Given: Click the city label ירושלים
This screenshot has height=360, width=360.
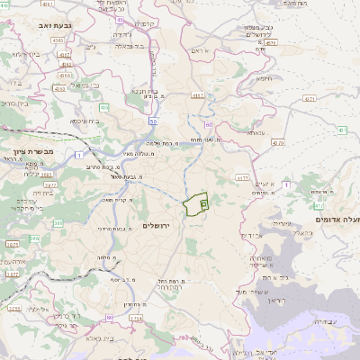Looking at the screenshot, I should click(x=163, y=224).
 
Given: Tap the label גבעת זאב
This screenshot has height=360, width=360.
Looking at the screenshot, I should click(x=42, y=25).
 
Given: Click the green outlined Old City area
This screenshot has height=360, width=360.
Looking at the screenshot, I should click(x=195, y=204).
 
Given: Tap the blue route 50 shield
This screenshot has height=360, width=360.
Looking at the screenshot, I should click(x=153, y=121).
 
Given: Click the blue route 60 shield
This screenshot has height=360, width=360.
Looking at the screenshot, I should click(x=208, y=124).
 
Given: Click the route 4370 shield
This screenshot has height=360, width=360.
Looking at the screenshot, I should click(x=277, y=142).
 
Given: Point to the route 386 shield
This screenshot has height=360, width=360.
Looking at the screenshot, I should click(x=58, y=223).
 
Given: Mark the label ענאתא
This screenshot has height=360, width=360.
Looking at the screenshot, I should click(x=256, y=132).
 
